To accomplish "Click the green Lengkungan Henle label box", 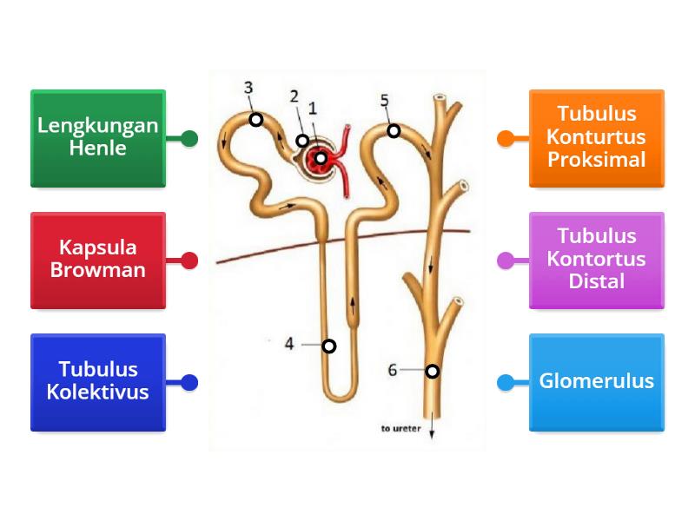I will pos(97,137).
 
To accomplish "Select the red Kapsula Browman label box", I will pos(97,260).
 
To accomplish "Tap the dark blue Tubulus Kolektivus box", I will pos(97,382).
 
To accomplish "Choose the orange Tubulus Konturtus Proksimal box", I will pos(597,137).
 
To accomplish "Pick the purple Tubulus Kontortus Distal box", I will pos(597,260).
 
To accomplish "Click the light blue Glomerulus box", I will pos(597,382).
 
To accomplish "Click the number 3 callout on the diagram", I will pos(248,88).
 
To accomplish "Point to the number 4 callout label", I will pos(289,344).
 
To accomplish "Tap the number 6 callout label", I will pos(393,370).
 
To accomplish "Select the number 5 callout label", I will pos(385,101).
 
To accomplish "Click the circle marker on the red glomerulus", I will pos(321,158).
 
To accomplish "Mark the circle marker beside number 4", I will pos(328,346).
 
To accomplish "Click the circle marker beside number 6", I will pos(432,372).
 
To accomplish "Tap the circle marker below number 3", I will pos(256,119).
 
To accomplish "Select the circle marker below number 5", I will pos(394,131).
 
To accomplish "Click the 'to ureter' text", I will pos(400,428).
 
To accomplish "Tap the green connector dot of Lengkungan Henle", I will pos(189,138).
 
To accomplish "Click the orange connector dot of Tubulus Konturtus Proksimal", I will pos(505,138).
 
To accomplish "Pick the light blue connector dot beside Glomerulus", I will pos(505,382).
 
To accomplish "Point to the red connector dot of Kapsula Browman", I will pos(189,260).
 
